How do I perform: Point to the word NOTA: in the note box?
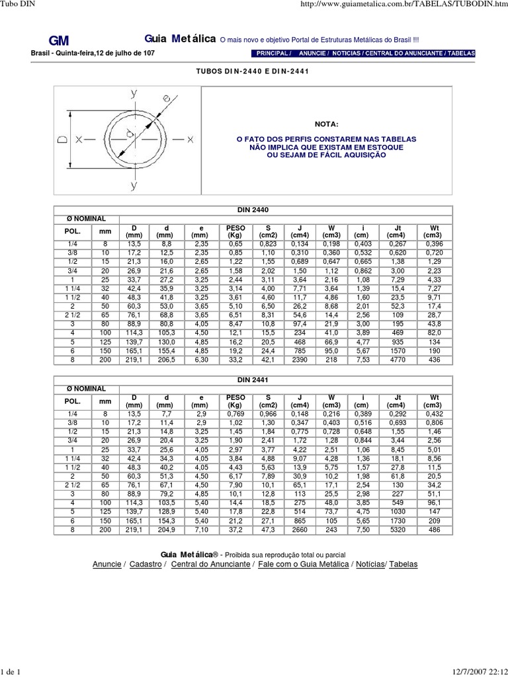pos(326,124)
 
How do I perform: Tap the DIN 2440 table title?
pos(253,210)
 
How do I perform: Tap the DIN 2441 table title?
pos(253,380)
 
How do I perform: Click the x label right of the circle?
pos(190,139)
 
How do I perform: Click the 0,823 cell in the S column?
pos(267,244)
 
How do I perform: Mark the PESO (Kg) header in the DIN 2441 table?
pos(235,401)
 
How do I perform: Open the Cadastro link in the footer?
pos(146,564)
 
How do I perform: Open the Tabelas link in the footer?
pos(403,564)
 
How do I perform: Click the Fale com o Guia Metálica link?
pos(304,564)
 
